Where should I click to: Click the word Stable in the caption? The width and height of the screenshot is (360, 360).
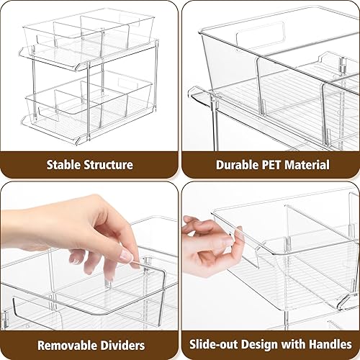pyautogui.click(x=63, y=165)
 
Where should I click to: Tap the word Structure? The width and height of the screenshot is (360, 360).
pyautogui.click(x=107, y=165)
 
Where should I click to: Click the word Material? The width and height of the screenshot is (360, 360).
pyautogui.click(x=310, y=165)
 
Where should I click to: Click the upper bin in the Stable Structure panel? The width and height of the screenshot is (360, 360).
pyautogui.click(x=90, y=36)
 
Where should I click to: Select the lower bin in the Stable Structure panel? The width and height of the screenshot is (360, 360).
pyautogui.click(x=90, y=108)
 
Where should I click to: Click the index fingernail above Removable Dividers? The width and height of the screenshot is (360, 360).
pyautogui.click(x=125, y=256)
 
